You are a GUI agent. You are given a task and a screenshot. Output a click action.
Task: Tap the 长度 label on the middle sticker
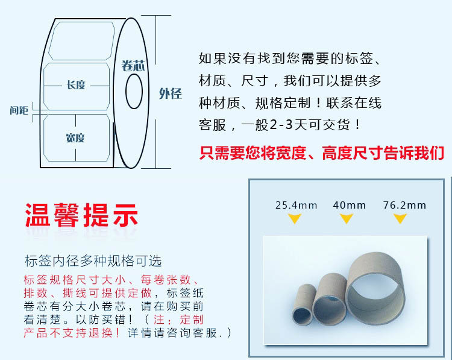click(x=76, y=84)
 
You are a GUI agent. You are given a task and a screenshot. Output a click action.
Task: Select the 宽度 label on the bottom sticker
click(x=75, y=138)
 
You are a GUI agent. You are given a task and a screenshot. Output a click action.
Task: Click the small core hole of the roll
click(x=133, y=92)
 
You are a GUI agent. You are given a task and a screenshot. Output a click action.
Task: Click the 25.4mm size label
click(x=296, y=205)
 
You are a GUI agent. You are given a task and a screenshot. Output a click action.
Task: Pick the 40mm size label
click(x=349, y=205)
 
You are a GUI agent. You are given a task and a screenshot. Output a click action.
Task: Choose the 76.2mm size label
click(x=404, y=205)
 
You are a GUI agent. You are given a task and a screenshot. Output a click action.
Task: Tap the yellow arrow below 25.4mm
click(x=295, y=219)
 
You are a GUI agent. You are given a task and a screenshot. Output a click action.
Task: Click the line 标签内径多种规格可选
click(x=93, y=261)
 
